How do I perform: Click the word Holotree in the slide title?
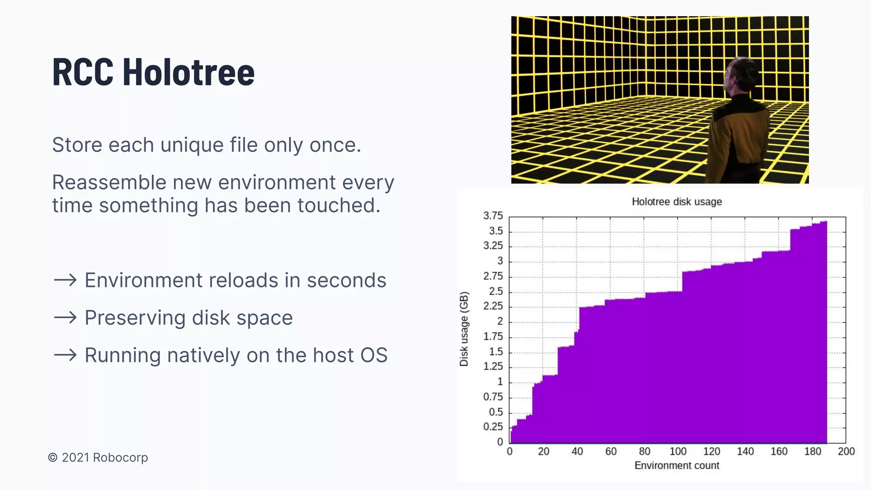188,72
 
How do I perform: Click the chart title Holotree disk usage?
677,202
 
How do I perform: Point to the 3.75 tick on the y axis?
493,216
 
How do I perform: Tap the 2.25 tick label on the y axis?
493,306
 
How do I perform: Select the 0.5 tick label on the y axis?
496,412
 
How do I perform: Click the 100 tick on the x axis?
678,451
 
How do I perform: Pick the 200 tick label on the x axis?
846,451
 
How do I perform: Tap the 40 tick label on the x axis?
577,451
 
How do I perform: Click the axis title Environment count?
677,465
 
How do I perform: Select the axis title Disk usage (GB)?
464,329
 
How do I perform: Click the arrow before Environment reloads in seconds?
65,280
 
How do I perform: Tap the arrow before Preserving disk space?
65,318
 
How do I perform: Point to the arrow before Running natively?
65,355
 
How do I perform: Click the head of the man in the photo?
739,77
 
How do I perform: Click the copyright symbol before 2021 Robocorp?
53,458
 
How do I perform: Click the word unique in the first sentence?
192,145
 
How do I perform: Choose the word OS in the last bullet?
374,355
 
